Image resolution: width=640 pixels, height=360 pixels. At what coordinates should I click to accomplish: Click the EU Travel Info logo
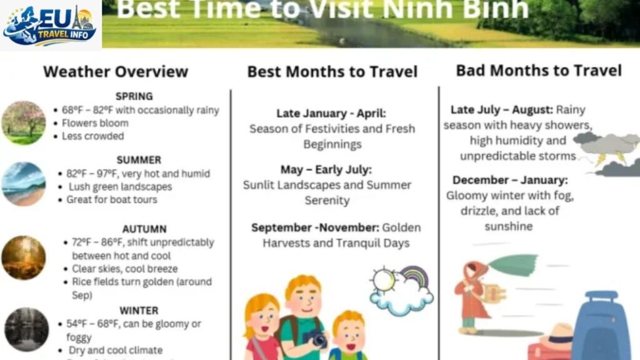50,25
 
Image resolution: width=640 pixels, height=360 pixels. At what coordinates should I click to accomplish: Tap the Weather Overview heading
116,71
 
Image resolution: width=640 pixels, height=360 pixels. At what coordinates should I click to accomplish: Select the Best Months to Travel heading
332,72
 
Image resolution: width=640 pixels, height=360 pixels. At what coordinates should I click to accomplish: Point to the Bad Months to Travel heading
539,70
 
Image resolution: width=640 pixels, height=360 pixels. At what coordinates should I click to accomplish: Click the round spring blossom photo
24,122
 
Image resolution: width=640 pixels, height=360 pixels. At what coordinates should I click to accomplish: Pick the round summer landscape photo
24,184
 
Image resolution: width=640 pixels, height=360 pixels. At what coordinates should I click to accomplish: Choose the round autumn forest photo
24,257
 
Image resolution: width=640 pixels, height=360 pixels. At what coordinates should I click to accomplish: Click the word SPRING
134,96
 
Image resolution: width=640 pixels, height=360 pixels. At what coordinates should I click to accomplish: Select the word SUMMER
139,160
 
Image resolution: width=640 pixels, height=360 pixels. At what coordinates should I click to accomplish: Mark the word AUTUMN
144,229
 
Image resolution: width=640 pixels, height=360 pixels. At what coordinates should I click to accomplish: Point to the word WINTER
139,310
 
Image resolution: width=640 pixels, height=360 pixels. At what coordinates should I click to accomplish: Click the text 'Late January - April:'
331,114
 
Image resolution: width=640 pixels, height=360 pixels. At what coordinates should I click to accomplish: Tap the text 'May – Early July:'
326,170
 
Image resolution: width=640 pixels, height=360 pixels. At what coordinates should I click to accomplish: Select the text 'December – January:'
510,180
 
